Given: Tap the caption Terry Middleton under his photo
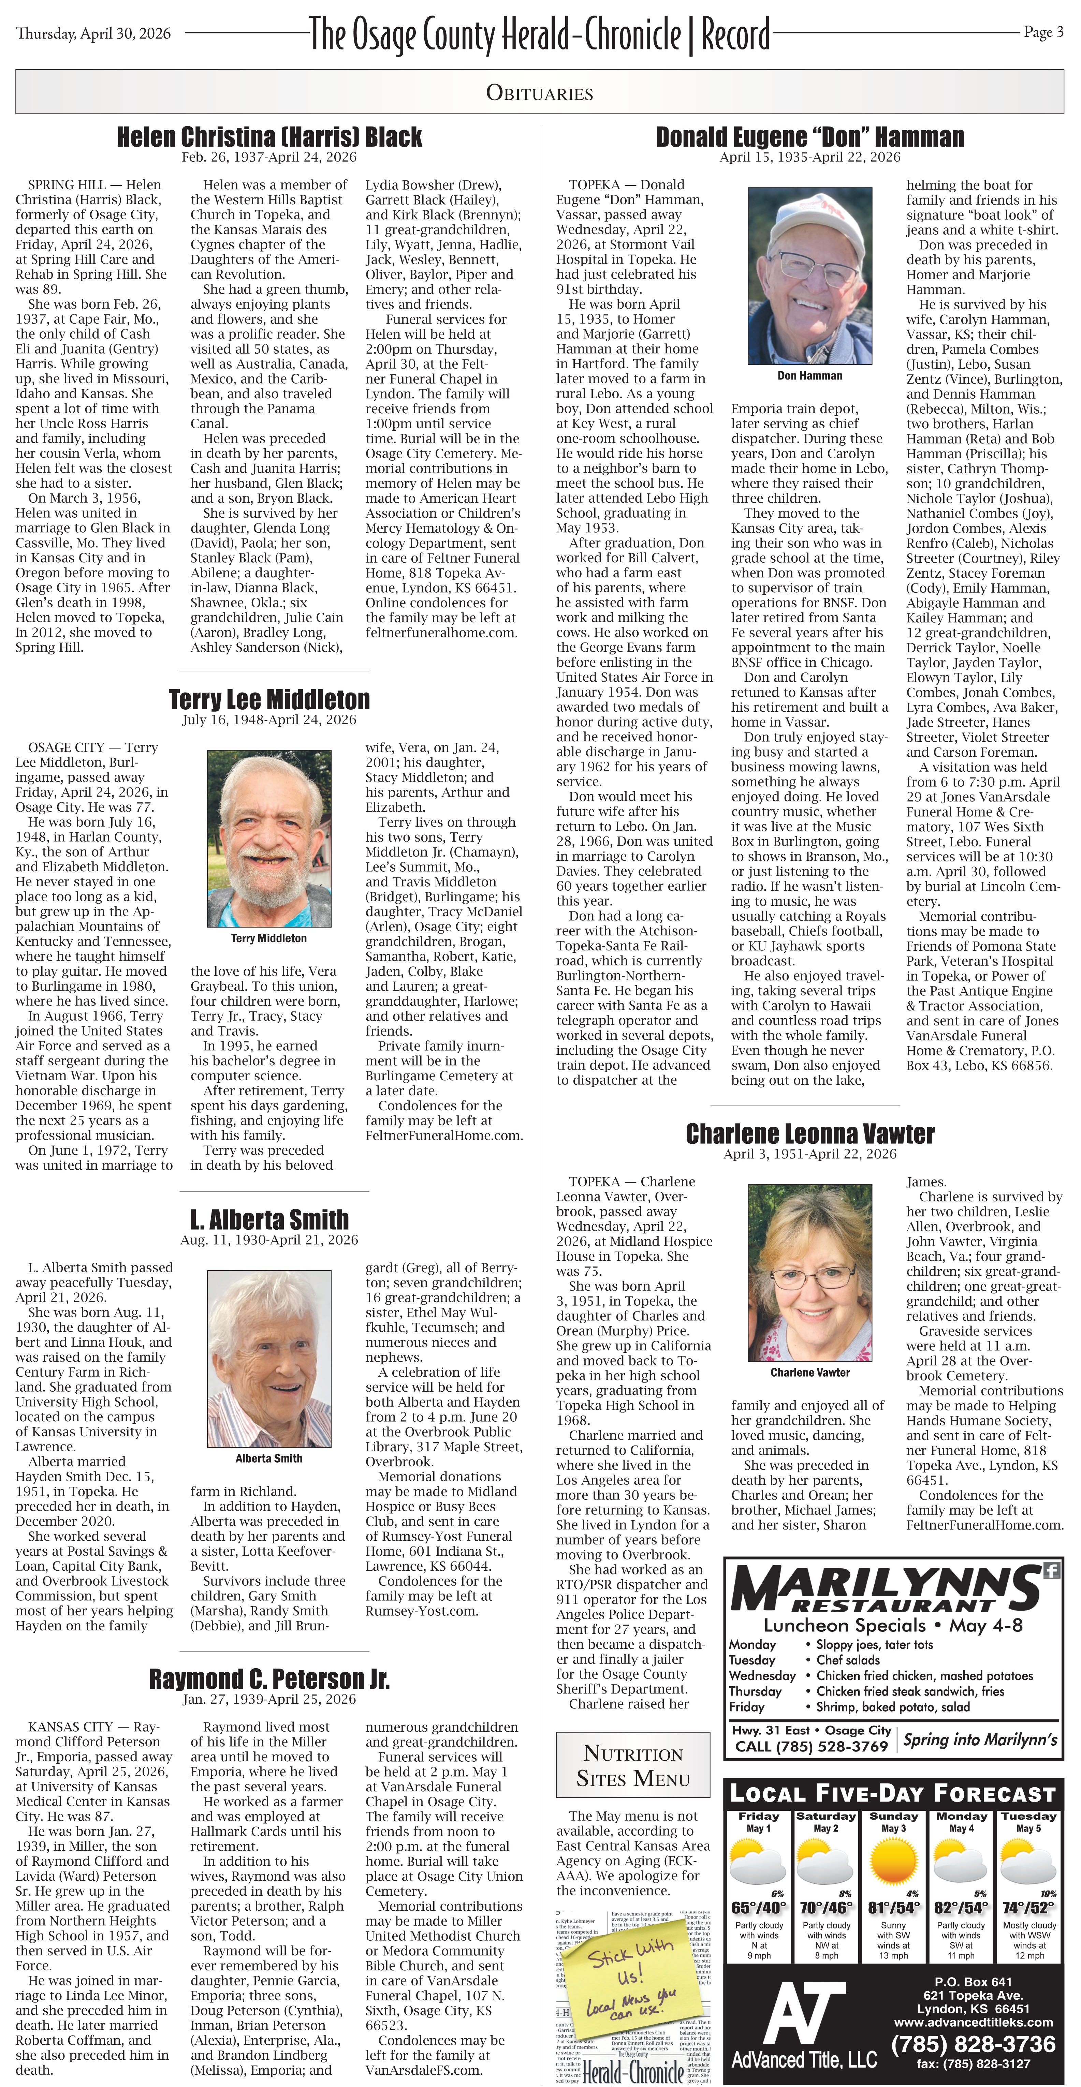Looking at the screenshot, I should click(x=269, y=938).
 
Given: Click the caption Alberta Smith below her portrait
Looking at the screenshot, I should click(x=269, y=1458).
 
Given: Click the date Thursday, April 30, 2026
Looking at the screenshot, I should click(x=93, y=33).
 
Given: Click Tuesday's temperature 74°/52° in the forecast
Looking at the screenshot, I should click(x=1027, y=1908).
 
